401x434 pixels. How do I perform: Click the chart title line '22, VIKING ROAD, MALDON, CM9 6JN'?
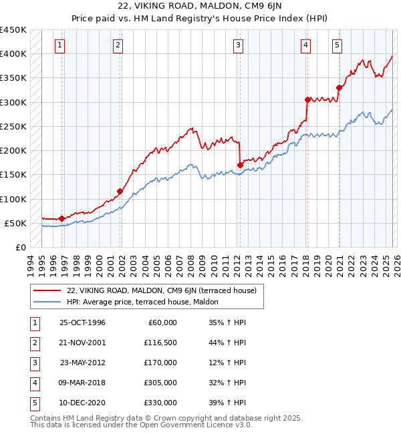pyautogui.click(x=200, y=5)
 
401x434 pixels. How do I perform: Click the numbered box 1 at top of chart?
pyautogui.click(x=60, y=45)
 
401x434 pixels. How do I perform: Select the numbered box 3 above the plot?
pyautogui.click(x=238, y=45)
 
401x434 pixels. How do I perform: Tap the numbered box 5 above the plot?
pyautogui.click(x=336, y=45)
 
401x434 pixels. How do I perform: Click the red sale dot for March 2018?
pyautogui.click(x=307, y=99)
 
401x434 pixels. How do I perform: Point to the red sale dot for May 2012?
pyautogui.click(x=239, y=165)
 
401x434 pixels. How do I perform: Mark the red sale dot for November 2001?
pyautogui.click(x=120, y=191)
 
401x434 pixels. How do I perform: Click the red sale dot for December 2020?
pyautogui.click(x=340, y=87)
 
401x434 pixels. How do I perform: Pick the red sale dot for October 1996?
pyautogui.click(x=61, y=218)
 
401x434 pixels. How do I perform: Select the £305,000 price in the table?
pyautogui.click(x=160, y=383)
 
